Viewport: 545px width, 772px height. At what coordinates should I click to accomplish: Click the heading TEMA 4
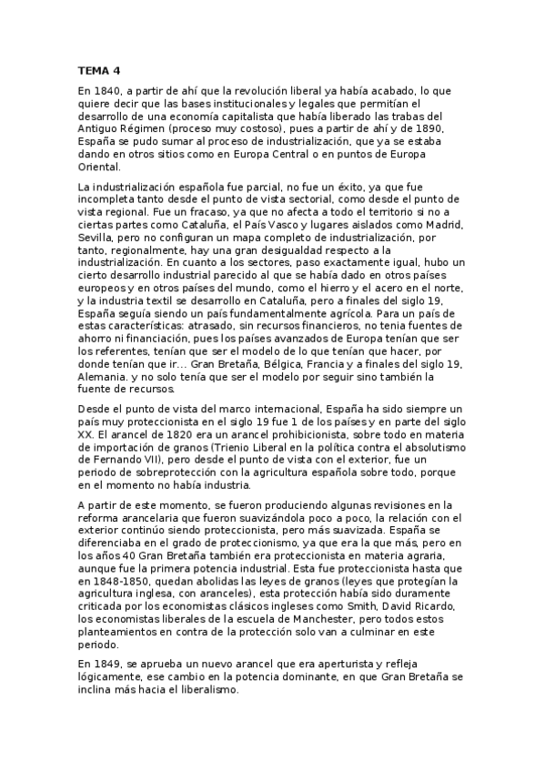pyautogui.click(x=99, y=70)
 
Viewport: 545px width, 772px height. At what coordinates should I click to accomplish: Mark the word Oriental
pyautogui.click(x=99, y=168)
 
